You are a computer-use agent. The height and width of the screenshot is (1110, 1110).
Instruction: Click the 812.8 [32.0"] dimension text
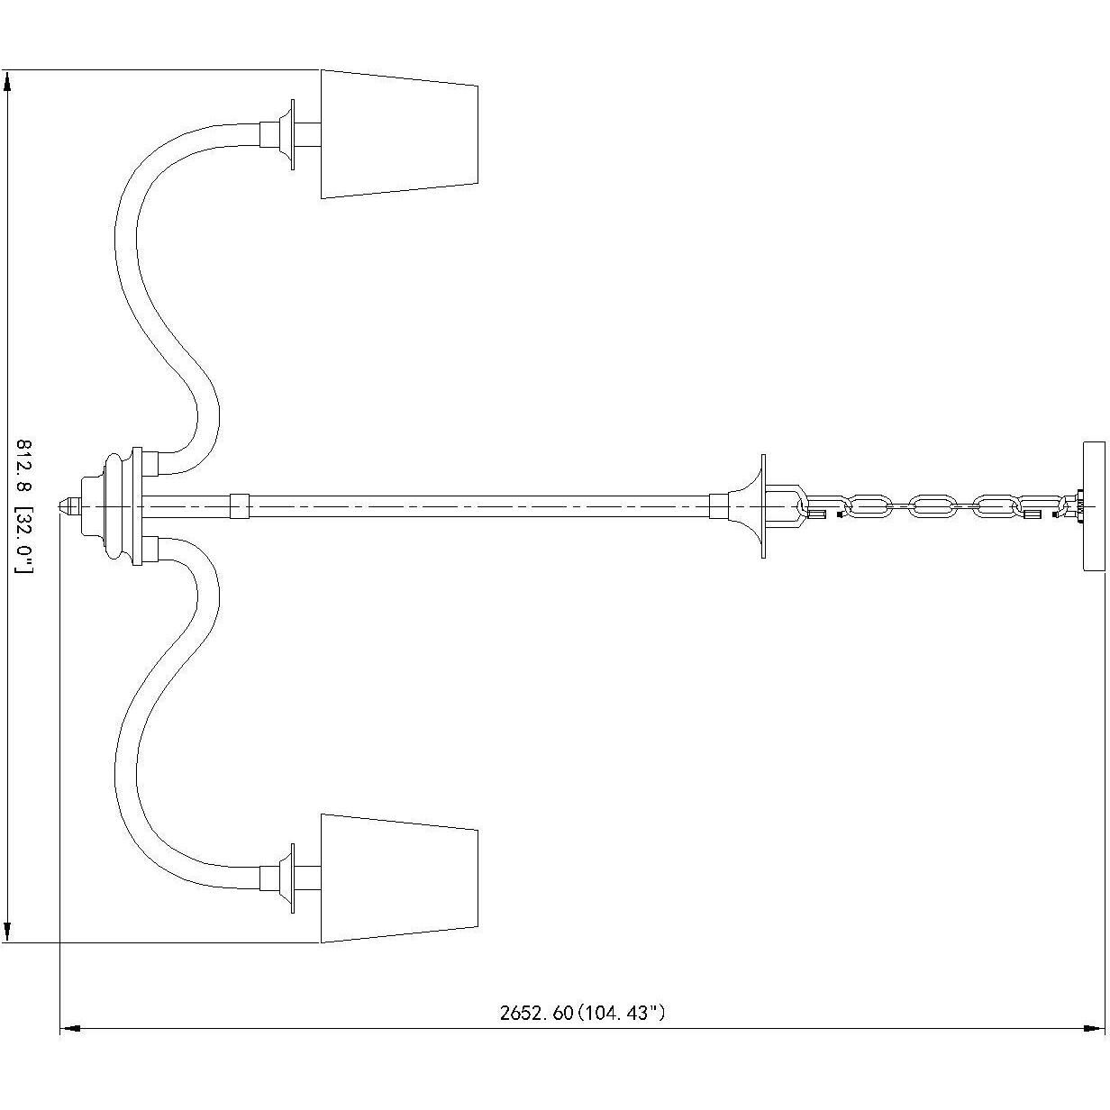pos(24,506)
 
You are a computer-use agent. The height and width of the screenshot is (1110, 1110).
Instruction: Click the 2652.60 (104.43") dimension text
pos(582,1012)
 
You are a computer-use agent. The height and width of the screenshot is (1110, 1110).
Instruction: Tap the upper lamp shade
pos(399,134)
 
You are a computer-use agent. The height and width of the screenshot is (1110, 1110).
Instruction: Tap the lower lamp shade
pos(399,878)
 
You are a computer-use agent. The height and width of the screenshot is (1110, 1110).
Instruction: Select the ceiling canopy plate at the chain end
pos(1094,506)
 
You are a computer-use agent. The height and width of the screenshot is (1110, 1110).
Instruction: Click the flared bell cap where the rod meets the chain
pos(747,506)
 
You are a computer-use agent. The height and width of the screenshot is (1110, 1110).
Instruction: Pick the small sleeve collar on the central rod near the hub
pos(240,505)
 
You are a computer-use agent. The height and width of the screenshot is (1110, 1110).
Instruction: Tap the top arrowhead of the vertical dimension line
pos(7,81)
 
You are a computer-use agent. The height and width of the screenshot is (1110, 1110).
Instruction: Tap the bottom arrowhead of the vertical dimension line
pos(7,932)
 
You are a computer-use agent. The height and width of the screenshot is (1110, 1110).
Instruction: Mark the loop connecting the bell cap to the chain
pos(785,506)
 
